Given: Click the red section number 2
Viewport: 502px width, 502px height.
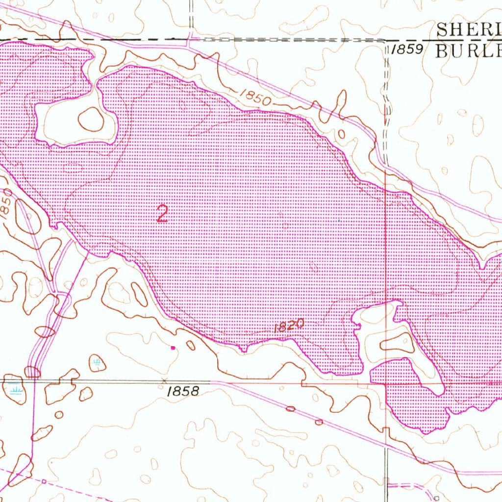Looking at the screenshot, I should (162, 214).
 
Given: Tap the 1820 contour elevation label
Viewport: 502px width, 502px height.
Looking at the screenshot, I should (290, 326).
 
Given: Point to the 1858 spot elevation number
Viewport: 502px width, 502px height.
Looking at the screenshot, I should (183, 391).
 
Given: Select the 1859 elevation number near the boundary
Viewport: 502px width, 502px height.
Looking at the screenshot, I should (407, 50).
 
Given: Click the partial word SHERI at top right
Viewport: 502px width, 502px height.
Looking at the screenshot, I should (469, 30).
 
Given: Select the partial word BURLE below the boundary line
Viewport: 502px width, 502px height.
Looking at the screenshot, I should (469, 50).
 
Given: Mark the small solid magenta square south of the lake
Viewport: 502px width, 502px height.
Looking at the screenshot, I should (173, 348).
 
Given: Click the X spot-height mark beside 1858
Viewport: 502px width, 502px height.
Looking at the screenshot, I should (164, 380).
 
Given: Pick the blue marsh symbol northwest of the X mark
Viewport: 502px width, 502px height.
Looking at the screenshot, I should (97, 363).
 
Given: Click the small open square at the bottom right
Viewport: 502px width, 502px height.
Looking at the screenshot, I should (437, 498).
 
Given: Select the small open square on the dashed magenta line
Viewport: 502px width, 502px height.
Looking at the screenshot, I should (44, 481).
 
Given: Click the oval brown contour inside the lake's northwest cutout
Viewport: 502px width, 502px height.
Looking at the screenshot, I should (91, 119).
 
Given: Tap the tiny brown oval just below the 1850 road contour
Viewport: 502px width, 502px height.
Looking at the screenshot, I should (342, 134).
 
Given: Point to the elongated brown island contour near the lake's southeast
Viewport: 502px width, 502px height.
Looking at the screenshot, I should (398, 343).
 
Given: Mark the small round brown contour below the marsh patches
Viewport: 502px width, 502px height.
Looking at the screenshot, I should (59, 415).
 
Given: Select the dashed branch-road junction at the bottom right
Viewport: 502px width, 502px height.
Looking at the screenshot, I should (387, 485).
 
